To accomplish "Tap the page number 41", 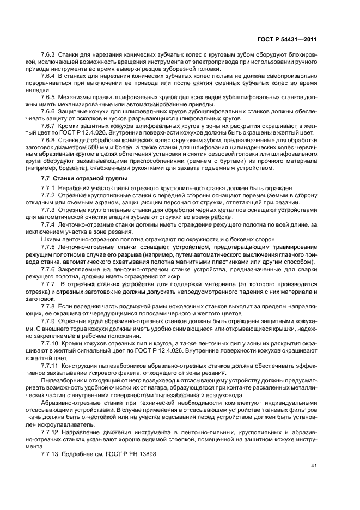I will click(x=314, y=466).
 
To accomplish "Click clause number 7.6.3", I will click(x=50, y=56).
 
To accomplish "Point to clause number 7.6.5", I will click(x=50, y=96).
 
